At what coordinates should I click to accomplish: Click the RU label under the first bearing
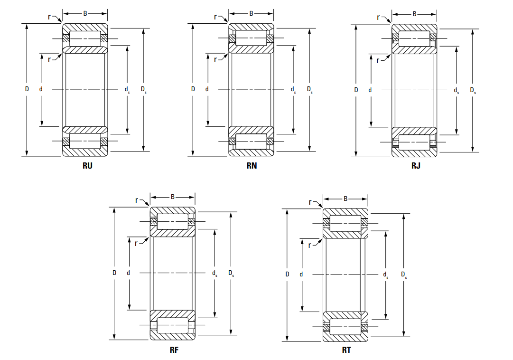(x=87, y=166)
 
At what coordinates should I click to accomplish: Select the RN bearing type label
(x=252, y=166)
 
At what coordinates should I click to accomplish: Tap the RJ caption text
(x=416, y=166)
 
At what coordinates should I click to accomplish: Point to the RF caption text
(x=174, y=350)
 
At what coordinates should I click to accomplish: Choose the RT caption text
(x=346, y=350)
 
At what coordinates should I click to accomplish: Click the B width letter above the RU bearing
(x=85, y=13)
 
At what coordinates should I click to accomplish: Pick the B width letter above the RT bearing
(x=345, y=199)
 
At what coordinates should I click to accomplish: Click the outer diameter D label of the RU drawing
(x=27, y=89)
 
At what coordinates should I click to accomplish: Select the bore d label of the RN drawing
(x=207, y=89)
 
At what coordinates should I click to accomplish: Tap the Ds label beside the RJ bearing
(x=473, y=90)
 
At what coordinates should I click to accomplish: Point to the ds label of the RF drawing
(x=215, y=273)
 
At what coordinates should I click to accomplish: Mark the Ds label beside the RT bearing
(x=403, y=275)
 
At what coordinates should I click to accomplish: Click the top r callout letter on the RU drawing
(x=49, y=17)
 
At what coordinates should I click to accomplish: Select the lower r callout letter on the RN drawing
(x=215, y=59)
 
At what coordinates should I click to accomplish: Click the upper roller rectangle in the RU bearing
(x=85, y=38)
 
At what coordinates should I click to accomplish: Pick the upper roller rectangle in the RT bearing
(x=345, y=223)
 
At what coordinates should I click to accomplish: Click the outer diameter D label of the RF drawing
(x=114, y=273)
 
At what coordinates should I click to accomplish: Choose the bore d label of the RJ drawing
(x=370, y=90)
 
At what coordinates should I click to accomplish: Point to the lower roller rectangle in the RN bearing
(x=252, y=141)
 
